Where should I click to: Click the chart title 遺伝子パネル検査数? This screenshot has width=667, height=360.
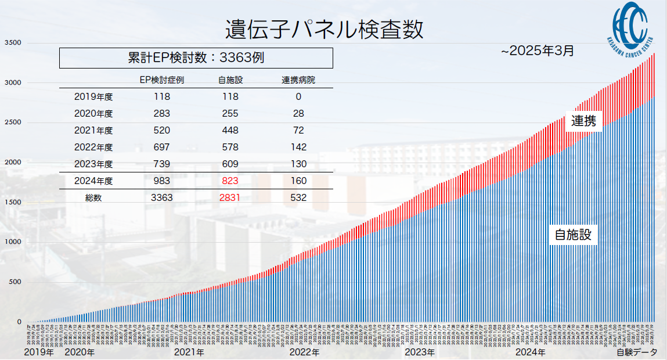coord(324,29)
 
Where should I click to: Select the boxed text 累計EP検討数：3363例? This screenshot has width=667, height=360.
coord(196,57)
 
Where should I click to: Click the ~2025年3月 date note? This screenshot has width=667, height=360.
coord(538,51)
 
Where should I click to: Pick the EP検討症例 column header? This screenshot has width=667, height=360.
coord(162,80)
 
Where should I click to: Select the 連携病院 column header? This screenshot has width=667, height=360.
coord(298,80)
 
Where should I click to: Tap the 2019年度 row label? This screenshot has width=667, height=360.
coord(93,97)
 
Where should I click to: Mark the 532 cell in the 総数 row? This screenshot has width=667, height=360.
coord(298,197)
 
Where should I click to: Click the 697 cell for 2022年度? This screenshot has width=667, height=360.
coord(162,147)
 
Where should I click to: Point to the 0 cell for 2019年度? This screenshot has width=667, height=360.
coord(298,97)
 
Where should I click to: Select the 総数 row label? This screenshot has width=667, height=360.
coord(93,197)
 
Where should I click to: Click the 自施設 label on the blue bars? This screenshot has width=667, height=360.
coord(573,235)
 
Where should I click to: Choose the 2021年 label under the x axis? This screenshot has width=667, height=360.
coord(189,352)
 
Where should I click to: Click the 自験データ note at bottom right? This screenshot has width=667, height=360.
coord(636,352)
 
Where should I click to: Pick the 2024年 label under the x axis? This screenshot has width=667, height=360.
coord(531,352)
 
